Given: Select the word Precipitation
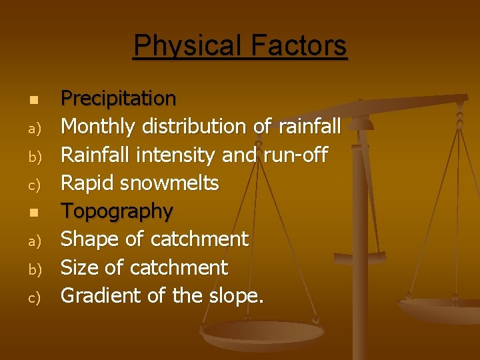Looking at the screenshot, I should tap(119, 99).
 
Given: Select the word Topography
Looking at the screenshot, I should tap(117, 211).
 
